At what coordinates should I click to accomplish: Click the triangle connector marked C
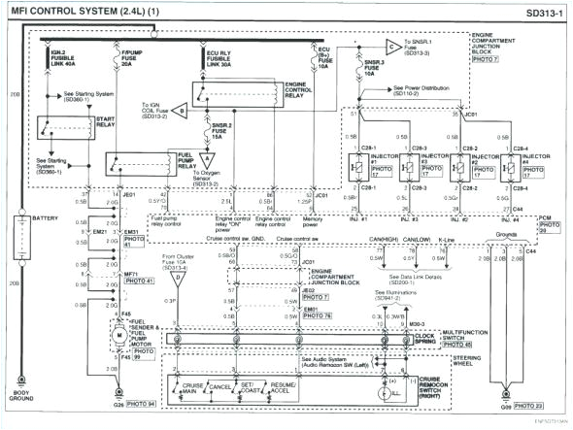(390, 44)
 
